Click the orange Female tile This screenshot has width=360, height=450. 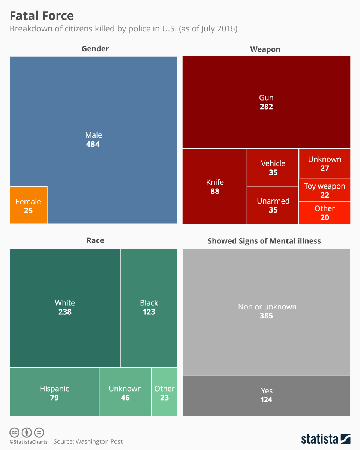pos(28,205)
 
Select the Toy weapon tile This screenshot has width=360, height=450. pos(325,190)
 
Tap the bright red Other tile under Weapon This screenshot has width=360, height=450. pos(325,213)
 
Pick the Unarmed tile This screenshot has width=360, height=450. pos(273,205)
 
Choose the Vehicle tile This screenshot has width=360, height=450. pos(273,168)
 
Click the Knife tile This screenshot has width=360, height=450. pos(214,186)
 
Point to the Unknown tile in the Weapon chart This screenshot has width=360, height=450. pos(325,163)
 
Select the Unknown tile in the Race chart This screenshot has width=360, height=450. pos(125,392)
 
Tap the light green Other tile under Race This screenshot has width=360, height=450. pos(164,392)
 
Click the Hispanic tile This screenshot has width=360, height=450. pos(54,392)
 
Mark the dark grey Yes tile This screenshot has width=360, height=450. pos(267,395)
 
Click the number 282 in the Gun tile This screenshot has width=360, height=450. pos(266,107)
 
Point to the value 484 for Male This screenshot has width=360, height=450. pos(93,144)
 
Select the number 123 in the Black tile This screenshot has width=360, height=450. pos(149,312)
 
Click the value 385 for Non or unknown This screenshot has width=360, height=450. pos(267,316)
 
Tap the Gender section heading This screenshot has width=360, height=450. pos(95,49)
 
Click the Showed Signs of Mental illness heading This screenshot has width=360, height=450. pos(264,241)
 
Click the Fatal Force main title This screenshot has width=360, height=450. pos(42,16)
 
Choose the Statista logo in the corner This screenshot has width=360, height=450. pos(326,439)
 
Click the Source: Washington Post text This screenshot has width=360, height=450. pos(88,441)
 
